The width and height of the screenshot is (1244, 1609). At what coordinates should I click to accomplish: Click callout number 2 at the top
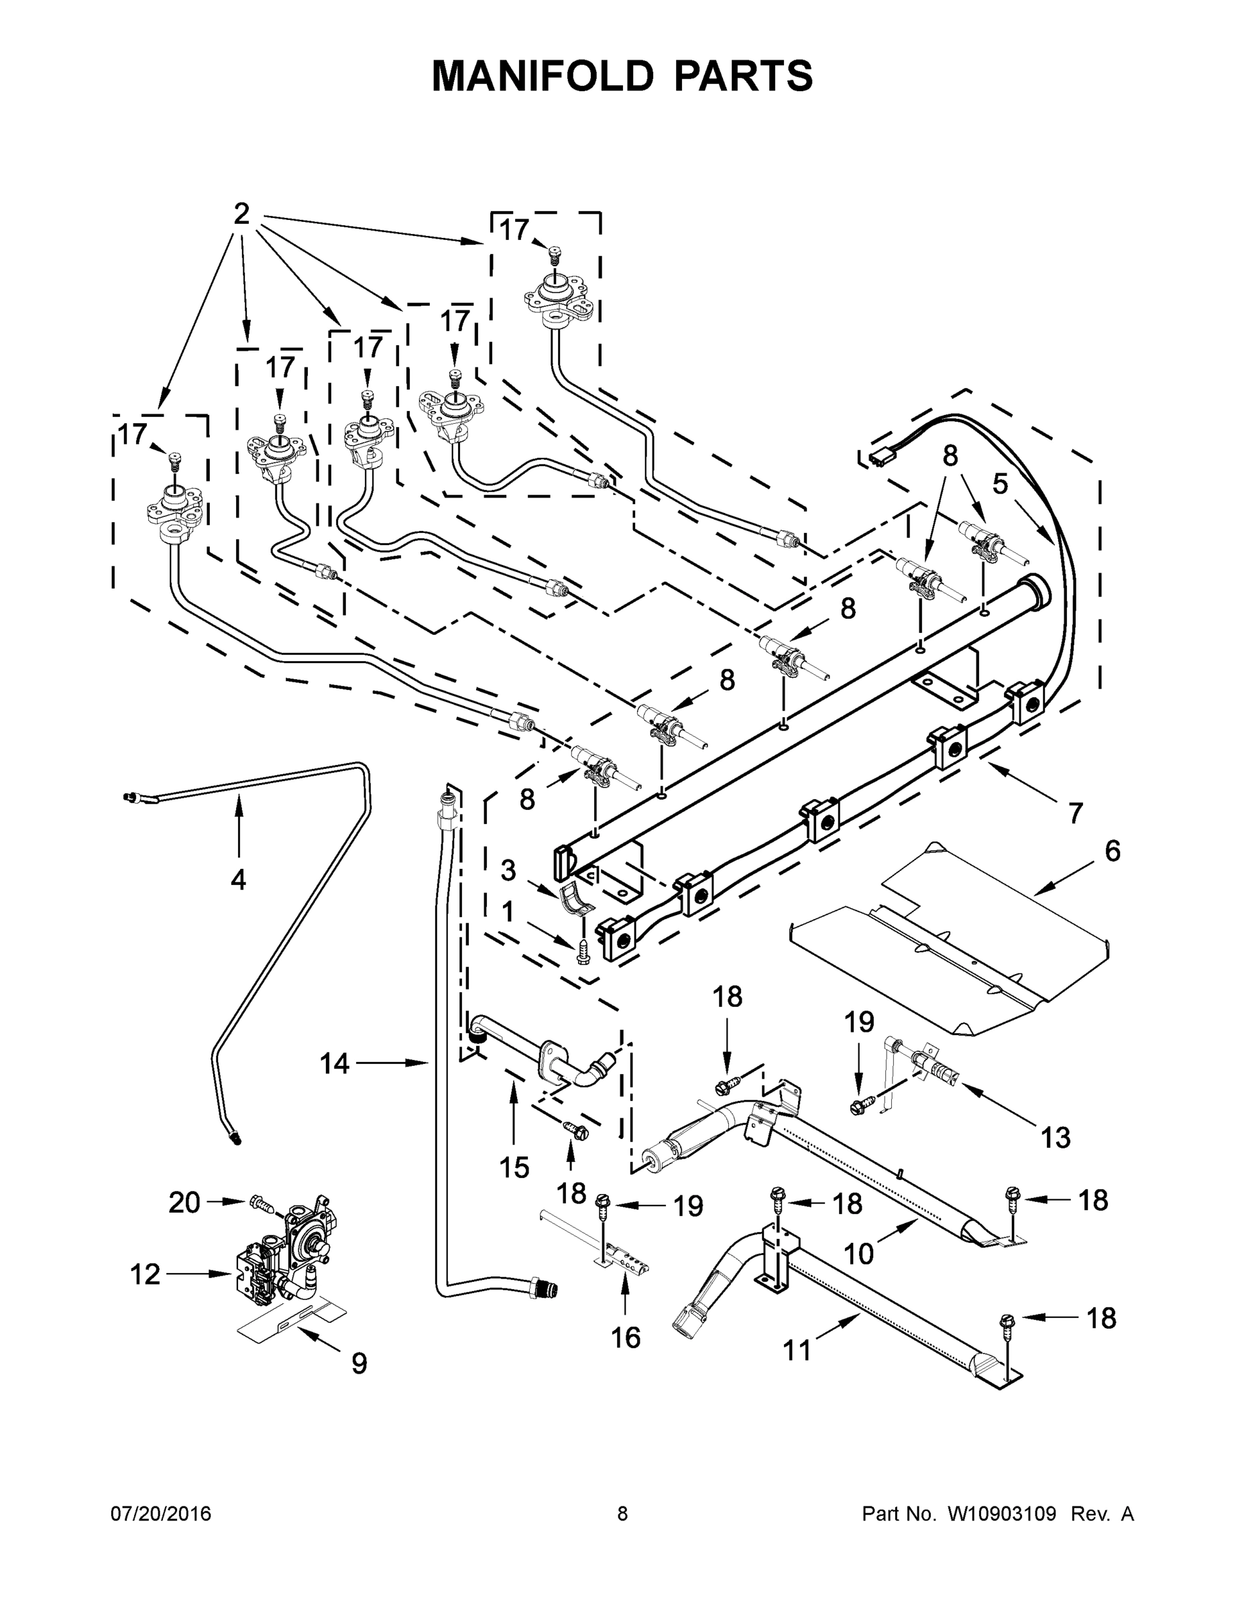point(241,215)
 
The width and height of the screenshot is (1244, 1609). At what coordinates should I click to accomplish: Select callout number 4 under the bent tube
point(237,879)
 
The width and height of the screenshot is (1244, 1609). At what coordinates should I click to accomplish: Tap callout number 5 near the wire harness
point(999,484)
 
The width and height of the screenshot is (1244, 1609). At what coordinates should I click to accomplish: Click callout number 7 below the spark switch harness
point(1075,813)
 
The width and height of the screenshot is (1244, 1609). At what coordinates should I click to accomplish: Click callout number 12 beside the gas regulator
point(145,1273)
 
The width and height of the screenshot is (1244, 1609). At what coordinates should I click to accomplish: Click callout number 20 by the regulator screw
point(184,1202)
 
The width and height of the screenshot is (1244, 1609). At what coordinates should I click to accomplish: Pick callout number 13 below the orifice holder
point(1055,1138)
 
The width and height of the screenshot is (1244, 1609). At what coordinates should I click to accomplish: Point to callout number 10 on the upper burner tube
point(858,1252)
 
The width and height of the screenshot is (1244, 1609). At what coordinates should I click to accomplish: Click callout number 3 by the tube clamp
point(508,870)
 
